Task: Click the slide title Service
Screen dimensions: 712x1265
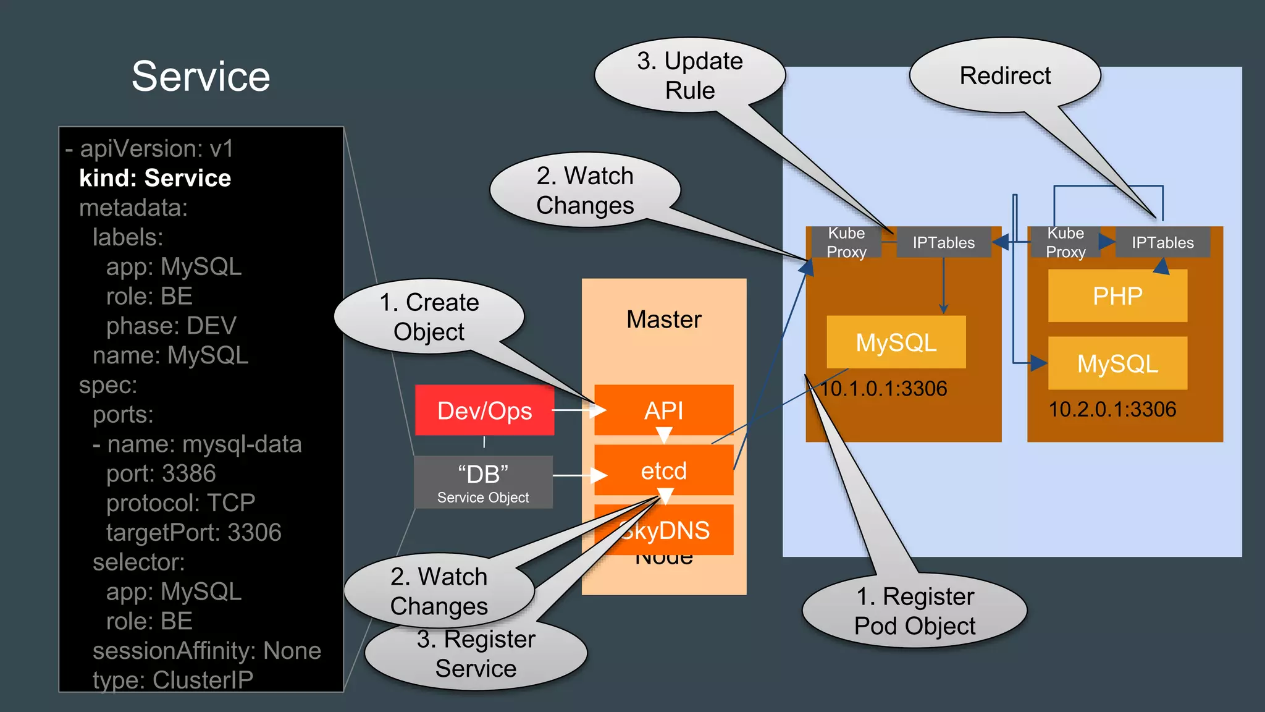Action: (x=201, y=77)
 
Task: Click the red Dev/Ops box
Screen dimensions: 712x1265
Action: (x=484, y=410)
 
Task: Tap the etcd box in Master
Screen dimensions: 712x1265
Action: (x=663, y=471)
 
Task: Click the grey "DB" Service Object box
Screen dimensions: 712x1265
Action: (x=483, y=482)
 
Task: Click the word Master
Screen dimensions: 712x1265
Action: (x=663, y=320)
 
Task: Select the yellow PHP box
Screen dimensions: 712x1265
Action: (x=1117, y=296)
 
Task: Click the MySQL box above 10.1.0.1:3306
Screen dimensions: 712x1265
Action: (x=896, y=342)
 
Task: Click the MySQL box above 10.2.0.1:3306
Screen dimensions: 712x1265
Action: (x=1117, y=363)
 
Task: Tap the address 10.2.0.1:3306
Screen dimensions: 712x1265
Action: (x=1112, y=409)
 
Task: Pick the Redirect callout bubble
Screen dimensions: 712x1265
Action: (x=1005, y=75)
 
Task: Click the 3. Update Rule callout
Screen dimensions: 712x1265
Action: (x=689, y=75)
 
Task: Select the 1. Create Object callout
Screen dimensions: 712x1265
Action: (x=429, y=316)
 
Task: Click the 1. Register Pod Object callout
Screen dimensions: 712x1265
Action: (x=914, y=611)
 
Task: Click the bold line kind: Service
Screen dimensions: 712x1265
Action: (x=155, y=178)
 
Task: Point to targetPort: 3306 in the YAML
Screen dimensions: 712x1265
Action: (x=193, y=532)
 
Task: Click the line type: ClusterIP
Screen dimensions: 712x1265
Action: (x=173, y=680)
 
